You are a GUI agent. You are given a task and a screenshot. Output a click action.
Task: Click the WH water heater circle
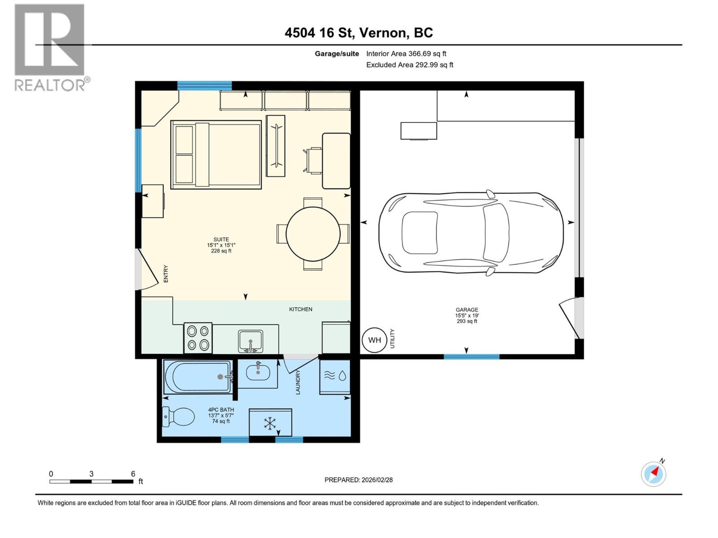click(x=374, y=340)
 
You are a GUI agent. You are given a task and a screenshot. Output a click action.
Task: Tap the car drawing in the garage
click(x=471, y=233)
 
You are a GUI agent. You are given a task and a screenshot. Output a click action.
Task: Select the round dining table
click(x=313, y=234)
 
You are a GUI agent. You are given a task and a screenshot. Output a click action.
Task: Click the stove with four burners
click(x=198, y=338)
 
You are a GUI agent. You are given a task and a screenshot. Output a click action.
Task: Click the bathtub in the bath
click(x=197, y=377)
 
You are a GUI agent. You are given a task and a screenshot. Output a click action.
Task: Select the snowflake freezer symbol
click(x=270, y=423)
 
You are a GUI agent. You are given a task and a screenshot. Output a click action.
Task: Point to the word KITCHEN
click(x=300, y=309)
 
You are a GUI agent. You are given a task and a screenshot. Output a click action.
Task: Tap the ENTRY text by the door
click(x=166, y=273)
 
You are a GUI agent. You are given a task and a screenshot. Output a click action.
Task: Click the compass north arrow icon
click(x=653, y=473)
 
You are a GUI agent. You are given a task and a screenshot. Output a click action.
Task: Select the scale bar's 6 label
click(x=133, y=473)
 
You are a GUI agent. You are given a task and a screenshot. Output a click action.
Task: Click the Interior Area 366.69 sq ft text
click(x=406, y=54)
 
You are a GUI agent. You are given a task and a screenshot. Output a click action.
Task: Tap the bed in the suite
click(x=216, y=154)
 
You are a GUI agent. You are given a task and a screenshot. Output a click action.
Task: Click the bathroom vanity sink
click(x=258, y=370)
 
